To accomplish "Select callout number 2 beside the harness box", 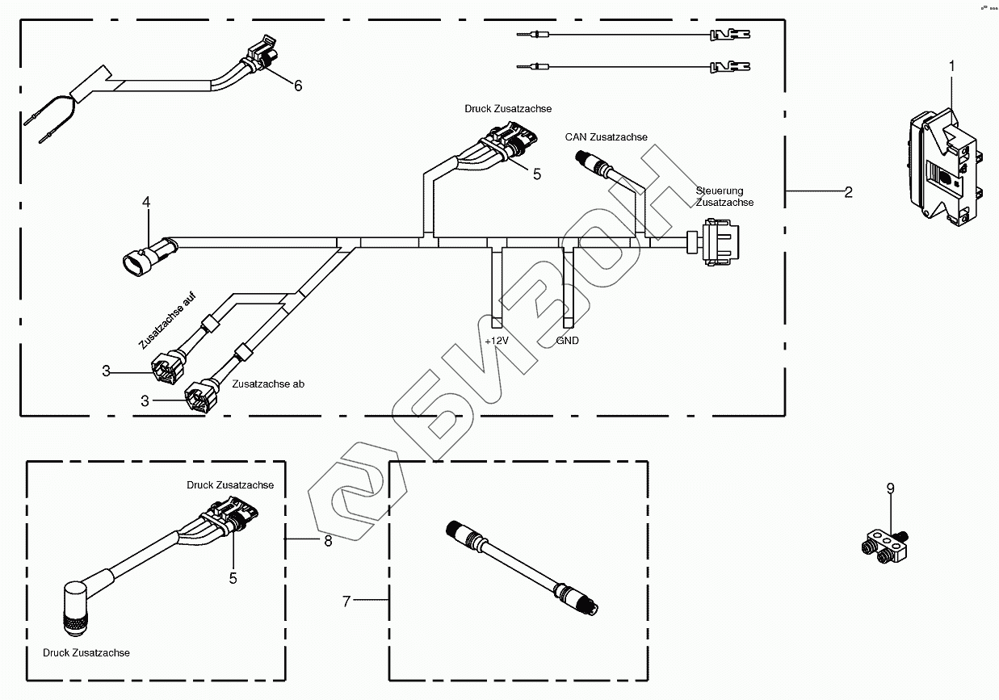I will (848, 191).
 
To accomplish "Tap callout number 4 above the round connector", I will (146, 203).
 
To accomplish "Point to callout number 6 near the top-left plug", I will (298, 86).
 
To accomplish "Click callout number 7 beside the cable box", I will (346, 601).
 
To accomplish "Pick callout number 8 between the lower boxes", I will (328, 540).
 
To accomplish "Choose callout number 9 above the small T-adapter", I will (890, 488).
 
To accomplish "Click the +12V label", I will (496, 341).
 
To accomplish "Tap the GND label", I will (568, 341).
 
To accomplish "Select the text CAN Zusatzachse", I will (606, 137).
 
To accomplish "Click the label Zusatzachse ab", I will (268, 384).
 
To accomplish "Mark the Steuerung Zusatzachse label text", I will (724, 196).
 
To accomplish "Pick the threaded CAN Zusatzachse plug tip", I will (579, 157).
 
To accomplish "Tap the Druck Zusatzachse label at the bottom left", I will (86, 652).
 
